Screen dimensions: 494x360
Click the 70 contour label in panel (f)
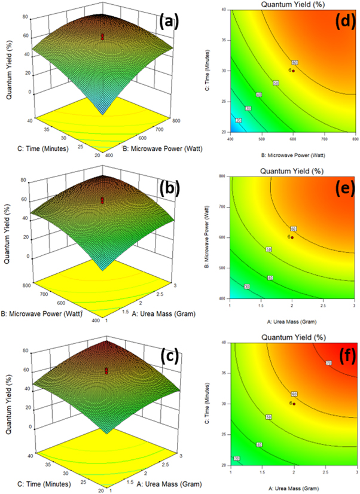328,363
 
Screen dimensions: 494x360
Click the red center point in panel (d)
293,71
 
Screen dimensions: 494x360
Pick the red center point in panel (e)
292,237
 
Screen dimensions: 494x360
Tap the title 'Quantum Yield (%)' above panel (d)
292,4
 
